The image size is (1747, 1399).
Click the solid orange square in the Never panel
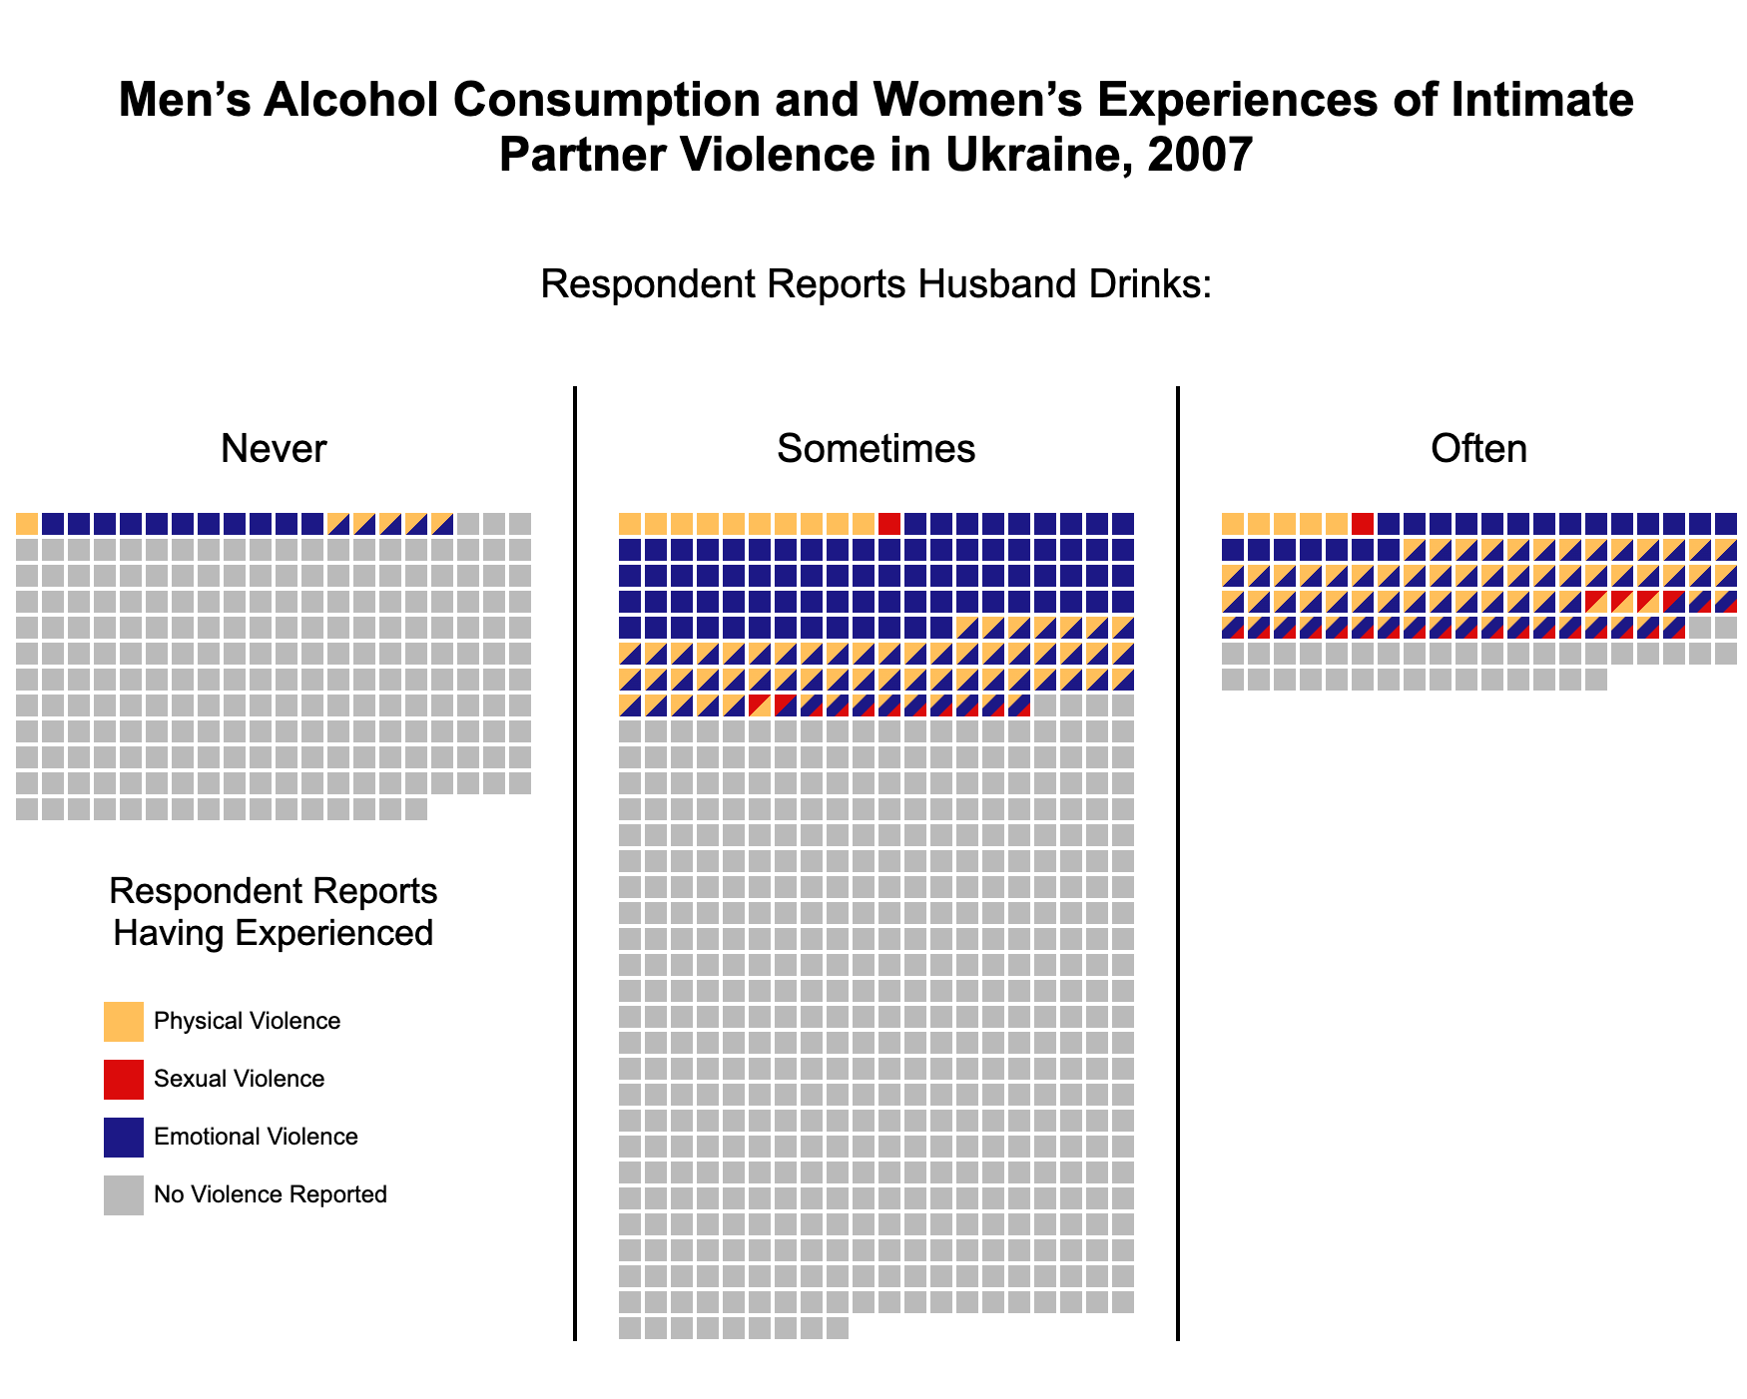pyautogui.click(x=27, y=524)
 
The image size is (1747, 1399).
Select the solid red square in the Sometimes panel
pyautogui.click(x=889, y=524)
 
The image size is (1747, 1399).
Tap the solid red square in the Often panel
pyautogui.click(x=1363, y=524)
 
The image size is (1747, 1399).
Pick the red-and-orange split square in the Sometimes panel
pyautogui.click(x=760, y=705)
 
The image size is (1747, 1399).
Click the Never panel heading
pyautogui.click(x=274, y=449)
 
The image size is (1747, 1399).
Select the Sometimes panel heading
pyautogui.click(x=875, y=449)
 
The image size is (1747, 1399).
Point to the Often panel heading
pyautogui.click(x=1478, y=449)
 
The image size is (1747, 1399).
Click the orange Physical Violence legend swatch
pyautogui.click(x=124, y=1022)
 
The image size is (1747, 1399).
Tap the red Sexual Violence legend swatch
pyautogui.click(x=124, y=1080)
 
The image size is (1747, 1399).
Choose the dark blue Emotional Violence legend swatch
pyautogui.click(x=124, y=1138)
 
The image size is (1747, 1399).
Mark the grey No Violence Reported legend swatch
pyautogui.click(x=124, y=1195)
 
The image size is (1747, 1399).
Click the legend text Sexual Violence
pyautogui.click(x=240, y=1079)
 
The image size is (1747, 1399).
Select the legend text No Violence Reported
pyautogui.click(x=271, y=1194)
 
